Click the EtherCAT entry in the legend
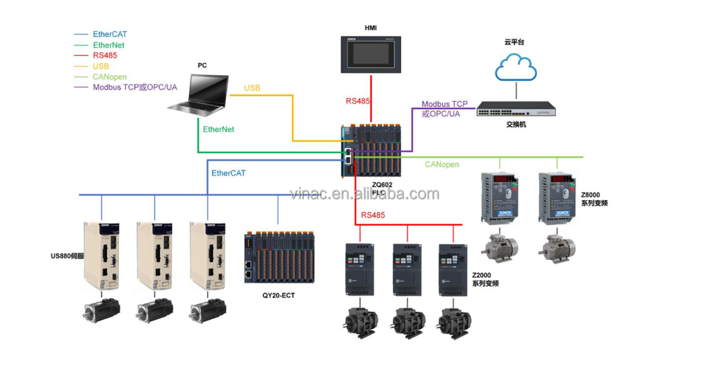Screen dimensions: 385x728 (x=109, y=34)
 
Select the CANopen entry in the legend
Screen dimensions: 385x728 (x=109, y=77)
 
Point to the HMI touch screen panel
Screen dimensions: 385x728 (x=370, y=54)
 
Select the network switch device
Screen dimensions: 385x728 (x=516, y=111)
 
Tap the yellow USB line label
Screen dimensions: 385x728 (x=252, y=89)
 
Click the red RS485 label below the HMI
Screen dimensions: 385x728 (x=358, y=101)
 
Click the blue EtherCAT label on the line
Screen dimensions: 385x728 (x=228, y=174)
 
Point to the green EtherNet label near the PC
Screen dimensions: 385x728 (x=218, y=130)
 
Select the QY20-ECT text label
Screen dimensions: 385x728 (x=275, y=296)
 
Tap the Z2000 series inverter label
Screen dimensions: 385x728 (x=485, y=278)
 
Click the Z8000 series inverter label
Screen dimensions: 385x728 (x=594, y=199)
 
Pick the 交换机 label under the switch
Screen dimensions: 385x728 (x=516, y=125)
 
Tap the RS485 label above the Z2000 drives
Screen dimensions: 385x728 (x=372, y=215)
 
